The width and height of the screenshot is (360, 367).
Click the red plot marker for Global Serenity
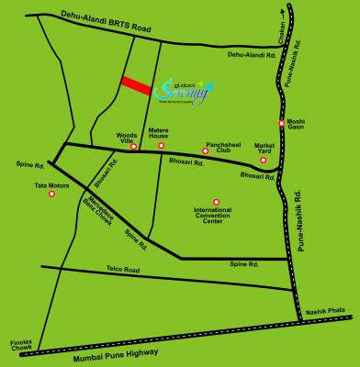(135, 83)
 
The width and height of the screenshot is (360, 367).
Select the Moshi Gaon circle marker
(282, 124)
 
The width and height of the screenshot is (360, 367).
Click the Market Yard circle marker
(264, 161)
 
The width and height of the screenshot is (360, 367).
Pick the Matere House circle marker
(162, 145)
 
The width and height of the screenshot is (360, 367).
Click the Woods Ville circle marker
(134, 147)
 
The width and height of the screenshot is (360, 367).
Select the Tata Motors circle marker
(51, 194)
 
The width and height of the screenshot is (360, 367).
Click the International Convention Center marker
(217, 202)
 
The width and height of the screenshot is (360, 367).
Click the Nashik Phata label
(328, 312)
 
